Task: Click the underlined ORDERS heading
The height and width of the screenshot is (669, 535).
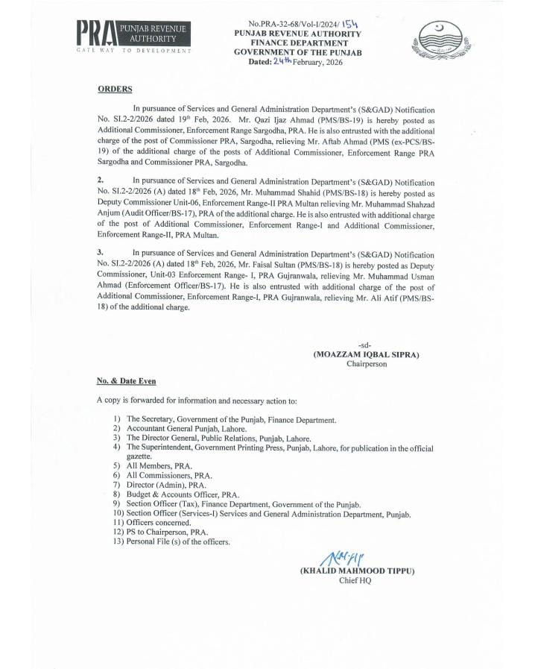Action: click(x=115, y=89)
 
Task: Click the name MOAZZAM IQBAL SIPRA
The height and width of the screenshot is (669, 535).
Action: click(x=366, y=354)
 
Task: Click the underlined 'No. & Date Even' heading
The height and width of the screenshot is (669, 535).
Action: click(x=126, y=380)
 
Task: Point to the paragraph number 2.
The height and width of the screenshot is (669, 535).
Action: click(x=100, y=180)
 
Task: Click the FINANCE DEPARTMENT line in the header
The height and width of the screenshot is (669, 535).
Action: click(x=297, y=43)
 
